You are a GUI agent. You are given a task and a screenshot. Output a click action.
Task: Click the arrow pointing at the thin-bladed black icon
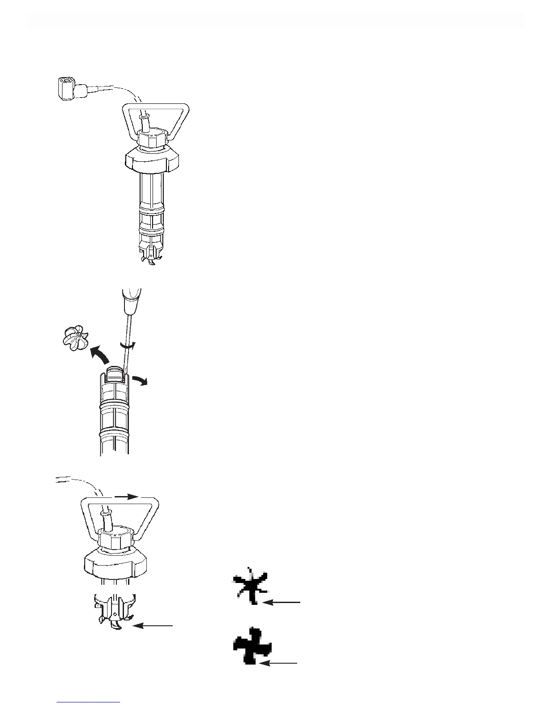click(x=282, y=602)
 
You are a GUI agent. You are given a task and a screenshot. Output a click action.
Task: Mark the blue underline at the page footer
click(x=89, y=702)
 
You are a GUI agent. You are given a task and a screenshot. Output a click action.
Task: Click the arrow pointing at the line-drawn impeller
click(x=154, y=626)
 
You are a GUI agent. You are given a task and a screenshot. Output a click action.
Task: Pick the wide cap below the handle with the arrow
click(x=116, y=562)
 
